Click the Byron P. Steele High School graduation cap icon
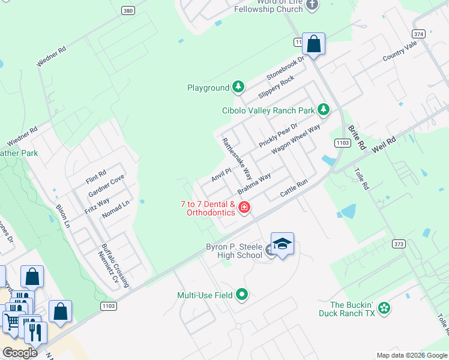282,244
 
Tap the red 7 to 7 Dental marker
244,208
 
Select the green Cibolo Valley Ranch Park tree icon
324,110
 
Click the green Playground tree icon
238,88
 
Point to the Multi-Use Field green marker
242,295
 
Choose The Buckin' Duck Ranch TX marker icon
384,309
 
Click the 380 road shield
127,11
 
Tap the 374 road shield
419,34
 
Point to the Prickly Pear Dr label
279,134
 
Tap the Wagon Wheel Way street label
295,140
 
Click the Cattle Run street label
294,190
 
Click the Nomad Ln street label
116,209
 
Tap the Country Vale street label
400,52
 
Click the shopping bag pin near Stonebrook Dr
313,44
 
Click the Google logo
20,352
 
